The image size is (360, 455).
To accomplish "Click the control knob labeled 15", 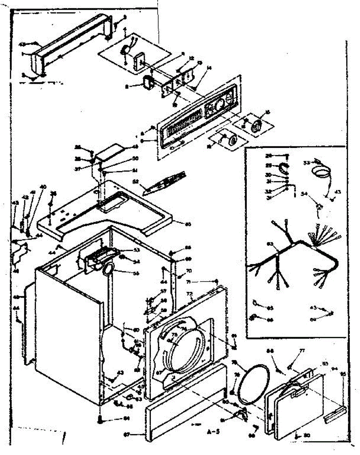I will click(258, 124).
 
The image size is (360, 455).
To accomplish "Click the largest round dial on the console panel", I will click(219, 105).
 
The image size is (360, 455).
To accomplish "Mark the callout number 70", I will click(189, 271).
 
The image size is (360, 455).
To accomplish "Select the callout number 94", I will click(334, 368).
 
